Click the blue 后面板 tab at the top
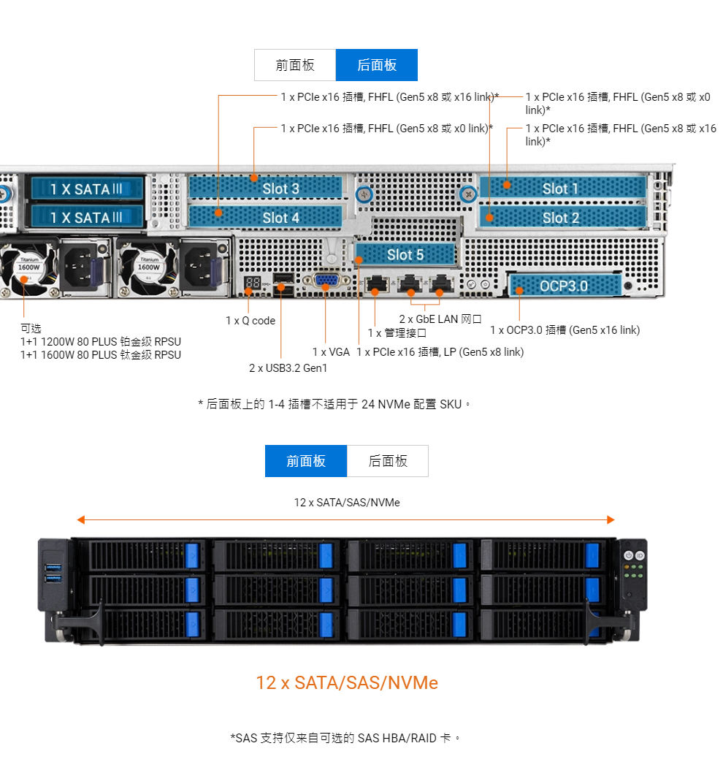(x=377, y=65)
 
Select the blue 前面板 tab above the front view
(x=306, y=461)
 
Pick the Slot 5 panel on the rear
(x=405, y=254)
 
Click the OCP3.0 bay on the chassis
(x=564, y=286)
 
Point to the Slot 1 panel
(x=562, y=189)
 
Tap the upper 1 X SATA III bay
(x=86, y=189)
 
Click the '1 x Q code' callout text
(x=250, y=321)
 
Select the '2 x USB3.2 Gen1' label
(x=288, y=368)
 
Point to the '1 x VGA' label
(x=331, y=352)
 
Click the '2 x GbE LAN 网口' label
(x=440, y=319)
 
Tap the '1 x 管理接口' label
(x=397, y=333)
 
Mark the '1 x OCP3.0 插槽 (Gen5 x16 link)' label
(x=565, y=330)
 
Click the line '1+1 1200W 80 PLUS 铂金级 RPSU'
(x=101, y=342)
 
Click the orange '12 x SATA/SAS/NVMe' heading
(x=347, y=683)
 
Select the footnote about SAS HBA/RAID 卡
(x=346, y=738)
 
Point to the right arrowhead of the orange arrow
(x=611, y=519)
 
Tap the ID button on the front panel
(x=640, y=556)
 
